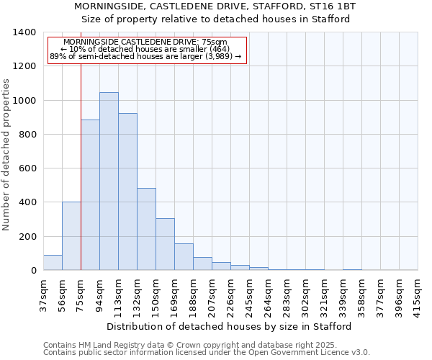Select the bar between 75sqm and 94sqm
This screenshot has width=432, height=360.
coord(90,194)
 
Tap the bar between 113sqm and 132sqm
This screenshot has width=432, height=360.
coord(127,192)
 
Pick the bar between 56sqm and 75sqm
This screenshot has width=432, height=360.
coord(71,236)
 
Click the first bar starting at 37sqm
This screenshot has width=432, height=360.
coord(53,263)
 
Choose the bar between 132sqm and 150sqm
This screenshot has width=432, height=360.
coord(146,229)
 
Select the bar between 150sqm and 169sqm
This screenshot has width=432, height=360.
coord(165,244)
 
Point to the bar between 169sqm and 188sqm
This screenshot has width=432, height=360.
coord(184,257)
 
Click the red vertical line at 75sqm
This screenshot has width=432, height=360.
coord(81,166)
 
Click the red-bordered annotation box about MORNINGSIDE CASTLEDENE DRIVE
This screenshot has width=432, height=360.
coord(147,50)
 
